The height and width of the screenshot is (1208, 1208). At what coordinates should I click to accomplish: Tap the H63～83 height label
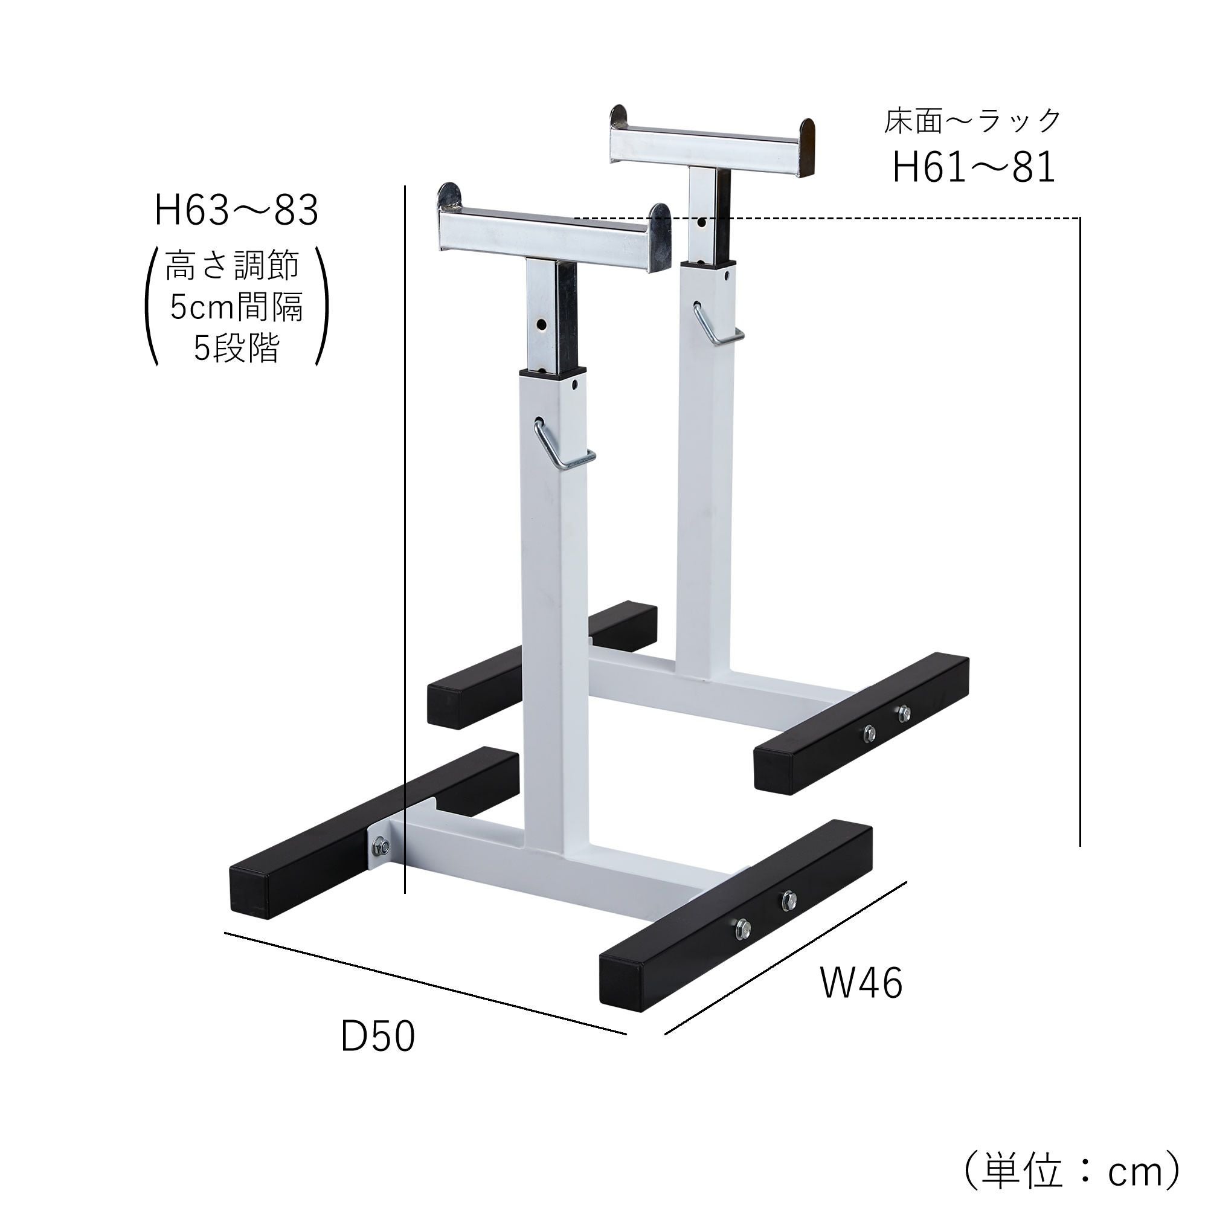point(236,211)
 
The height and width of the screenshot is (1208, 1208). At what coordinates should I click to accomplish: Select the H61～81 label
point(974,167)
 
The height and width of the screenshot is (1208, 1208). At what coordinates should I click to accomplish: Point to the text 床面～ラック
point(972,121)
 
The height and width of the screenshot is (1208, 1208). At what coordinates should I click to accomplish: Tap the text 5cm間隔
point(236,307)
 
